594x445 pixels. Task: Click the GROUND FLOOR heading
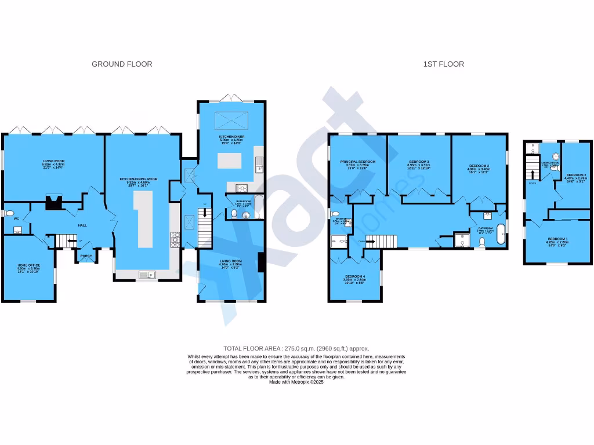pos(122,64)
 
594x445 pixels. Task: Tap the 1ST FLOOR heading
pos(443,64)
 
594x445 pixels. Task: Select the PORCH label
pos(86,256)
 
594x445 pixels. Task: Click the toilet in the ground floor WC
pos(8,213)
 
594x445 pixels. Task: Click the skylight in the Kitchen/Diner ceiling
pos(231,120)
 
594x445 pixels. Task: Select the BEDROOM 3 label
pos(419,162)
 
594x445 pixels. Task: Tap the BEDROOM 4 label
pos(355,276)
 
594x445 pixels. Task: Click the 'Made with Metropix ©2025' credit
pos(296,382)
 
